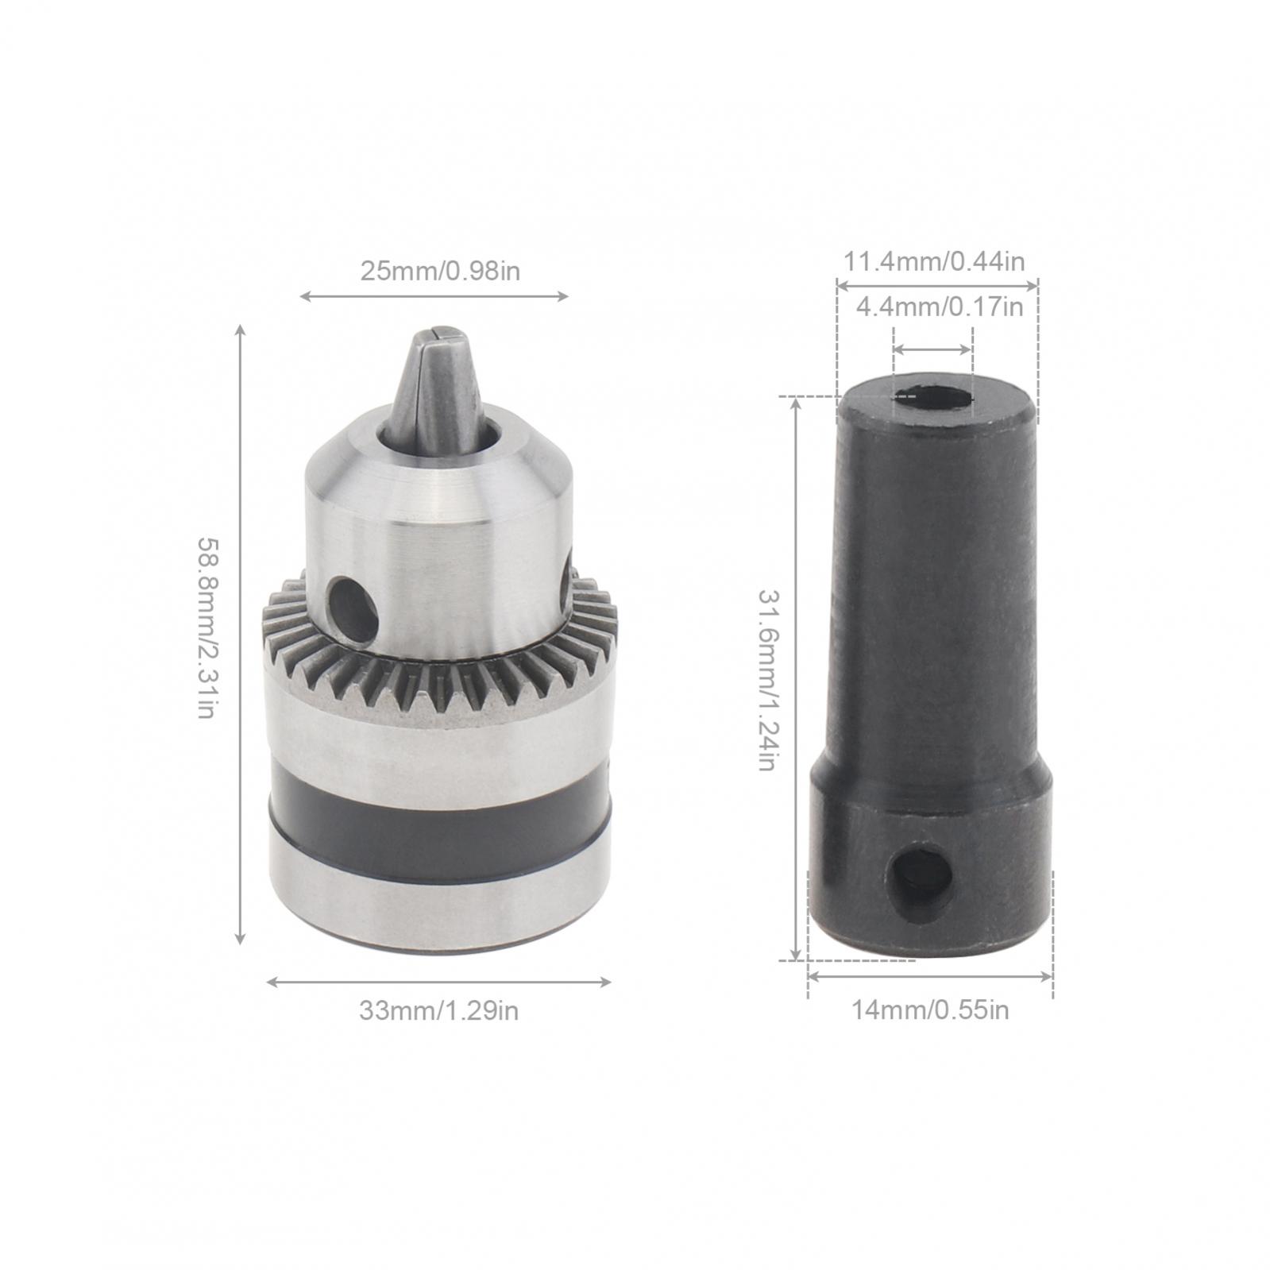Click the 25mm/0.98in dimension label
pyautogui.click(x=440, y=272)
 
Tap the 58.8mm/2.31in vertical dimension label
pyautogui.click(x=207, y=628)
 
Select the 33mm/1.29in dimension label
pyautogui.click(x=439, y=1011)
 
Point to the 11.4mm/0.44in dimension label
pyautogui.click(x=934, y=261)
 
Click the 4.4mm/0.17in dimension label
pyautogui.click(x=940, y=306)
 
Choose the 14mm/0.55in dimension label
pyautogui.click(x=931, y=1010)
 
